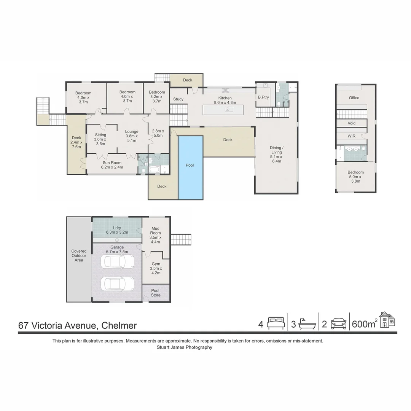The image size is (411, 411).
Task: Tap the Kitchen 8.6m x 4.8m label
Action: coord(225,100)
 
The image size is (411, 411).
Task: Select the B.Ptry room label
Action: coord(263,97)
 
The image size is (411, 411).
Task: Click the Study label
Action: coord(178,99)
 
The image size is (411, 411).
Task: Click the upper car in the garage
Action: coord(117,262)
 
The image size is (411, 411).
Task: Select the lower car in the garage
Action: coord(117,284)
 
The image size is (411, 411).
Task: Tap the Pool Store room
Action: coord(156,293)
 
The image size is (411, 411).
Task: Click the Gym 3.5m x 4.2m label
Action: coord(156,268)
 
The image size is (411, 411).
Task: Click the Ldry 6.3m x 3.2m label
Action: coord(117,230)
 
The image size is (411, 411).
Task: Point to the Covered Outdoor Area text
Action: coord(79,255)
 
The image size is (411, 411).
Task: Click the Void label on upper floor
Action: coord(352,123)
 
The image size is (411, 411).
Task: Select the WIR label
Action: coord(352,136)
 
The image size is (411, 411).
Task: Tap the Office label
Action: coord(354,98)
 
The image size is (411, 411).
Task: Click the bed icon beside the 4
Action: coord(276,323)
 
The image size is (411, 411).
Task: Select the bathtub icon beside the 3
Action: coord(307,324)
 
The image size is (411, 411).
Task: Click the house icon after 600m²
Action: coord(387,320)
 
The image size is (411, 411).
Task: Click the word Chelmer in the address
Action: coord(119,326)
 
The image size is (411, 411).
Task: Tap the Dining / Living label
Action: coord(276,155)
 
